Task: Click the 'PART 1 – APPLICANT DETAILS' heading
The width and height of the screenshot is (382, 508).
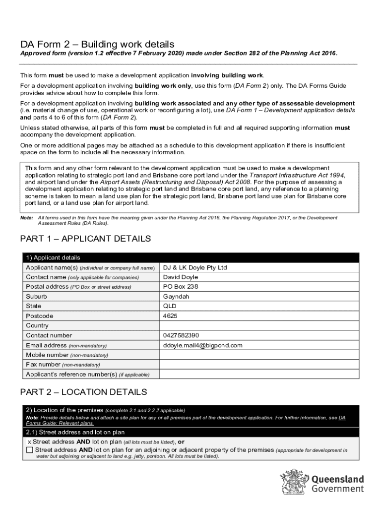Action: (85, 239)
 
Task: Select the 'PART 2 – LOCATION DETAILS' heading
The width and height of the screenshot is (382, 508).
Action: (83, 392)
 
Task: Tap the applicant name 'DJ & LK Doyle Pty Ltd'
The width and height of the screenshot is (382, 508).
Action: (194, 267)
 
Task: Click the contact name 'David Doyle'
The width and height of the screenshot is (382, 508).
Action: (180, 277)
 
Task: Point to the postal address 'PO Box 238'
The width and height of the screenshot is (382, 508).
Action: (180, 287)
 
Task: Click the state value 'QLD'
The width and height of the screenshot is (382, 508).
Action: (170, 306)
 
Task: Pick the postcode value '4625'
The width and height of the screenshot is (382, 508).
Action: (170, 316)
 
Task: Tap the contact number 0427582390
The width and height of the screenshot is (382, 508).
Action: (181, 335)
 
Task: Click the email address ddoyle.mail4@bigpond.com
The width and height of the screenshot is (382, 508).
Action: (202, 345)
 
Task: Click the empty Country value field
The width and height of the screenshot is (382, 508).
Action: (258, 325)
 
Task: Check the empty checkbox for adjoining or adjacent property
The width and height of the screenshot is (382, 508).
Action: (29, 450)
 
